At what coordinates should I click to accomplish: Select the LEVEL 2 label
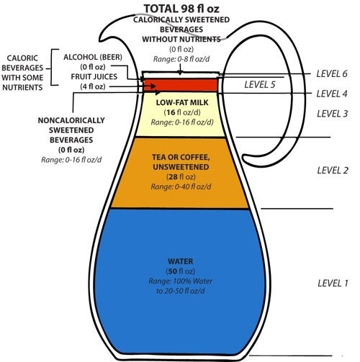tap(333, 170)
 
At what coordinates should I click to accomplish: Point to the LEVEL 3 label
tap(333, 113)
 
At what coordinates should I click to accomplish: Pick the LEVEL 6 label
tap(333, 74)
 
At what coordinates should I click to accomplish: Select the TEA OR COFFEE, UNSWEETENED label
tap(181, 163)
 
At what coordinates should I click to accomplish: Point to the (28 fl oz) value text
tap(180, 177)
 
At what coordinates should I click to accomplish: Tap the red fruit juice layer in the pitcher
tap(180, 85)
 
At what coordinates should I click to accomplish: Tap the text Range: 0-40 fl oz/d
tap(180, 186)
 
